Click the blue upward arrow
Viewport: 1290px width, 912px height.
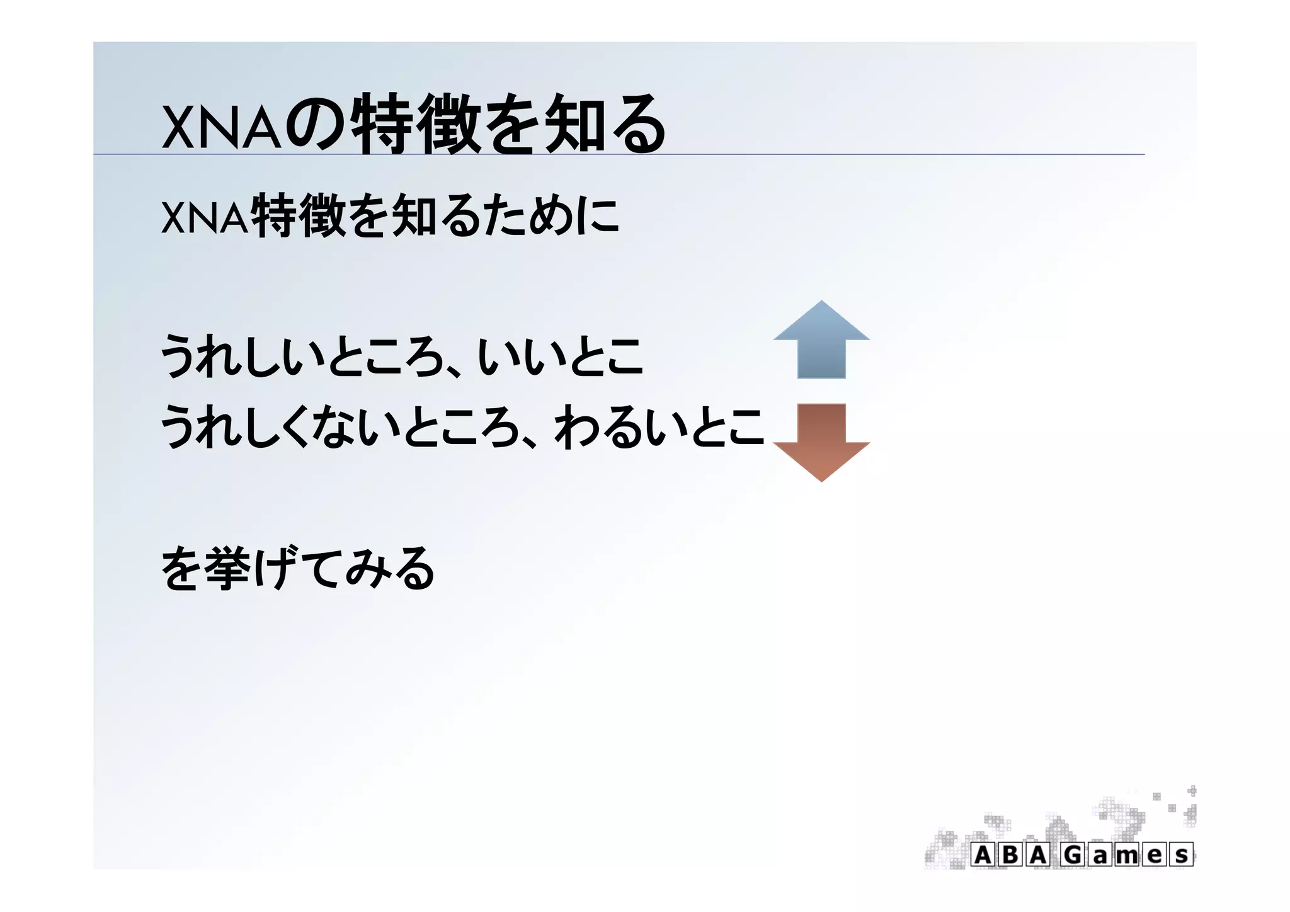821,343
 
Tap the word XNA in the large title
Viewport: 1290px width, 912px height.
220,126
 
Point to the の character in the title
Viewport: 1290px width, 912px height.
315,124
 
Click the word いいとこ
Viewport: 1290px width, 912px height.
561,357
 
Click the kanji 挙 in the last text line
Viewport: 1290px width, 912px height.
227,569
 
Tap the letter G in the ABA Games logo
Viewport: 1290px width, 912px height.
1073,855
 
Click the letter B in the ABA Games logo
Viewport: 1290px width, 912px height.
1010,855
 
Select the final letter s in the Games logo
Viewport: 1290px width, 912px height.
1182,855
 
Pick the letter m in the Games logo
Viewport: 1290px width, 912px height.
1127,855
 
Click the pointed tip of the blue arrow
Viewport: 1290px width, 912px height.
821,303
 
